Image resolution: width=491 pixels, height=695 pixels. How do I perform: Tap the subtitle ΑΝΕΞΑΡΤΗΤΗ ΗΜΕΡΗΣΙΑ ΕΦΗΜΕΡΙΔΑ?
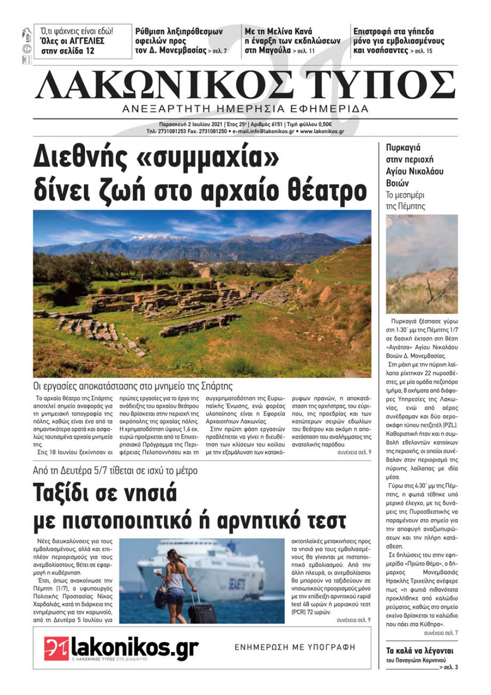[x=245, y=109]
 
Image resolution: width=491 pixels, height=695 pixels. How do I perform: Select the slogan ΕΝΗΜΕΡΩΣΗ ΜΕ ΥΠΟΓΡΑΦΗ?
[x=295, y=647]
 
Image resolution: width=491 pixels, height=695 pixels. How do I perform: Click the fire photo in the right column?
[x=421, y=264]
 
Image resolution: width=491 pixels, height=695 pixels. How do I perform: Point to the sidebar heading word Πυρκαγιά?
[x=403, y=148]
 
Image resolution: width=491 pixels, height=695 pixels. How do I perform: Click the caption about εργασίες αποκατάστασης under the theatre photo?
[x=133, y=386]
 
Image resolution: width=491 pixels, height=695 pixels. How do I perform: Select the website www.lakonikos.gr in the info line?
[x=322, y=132]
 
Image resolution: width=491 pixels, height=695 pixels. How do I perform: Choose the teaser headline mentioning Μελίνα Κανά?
[x=292, y=41]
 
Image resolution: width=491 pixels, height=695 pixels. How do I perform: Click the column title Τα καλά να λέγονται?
[x=419, y=651]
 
